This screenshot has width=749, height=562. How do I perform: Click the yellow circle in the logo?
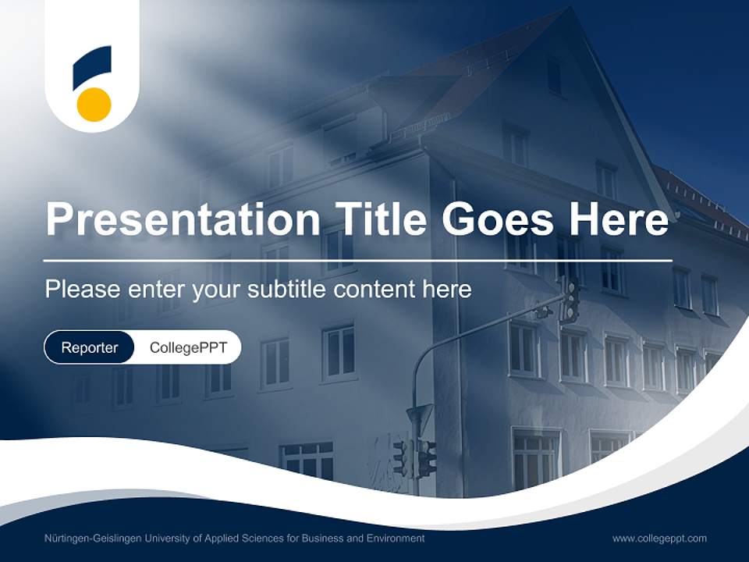94,104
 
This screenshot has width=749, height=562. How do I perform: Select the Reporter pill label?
90,347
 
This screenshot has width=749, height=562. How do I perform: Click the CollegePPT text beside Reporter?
188,347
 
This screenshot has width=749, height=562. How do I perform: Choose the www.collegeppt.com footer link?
659,539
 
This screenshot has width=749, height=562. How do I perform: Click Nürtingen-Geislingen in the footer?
91,539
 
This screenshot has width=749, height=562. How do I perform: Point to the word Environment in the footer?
396,539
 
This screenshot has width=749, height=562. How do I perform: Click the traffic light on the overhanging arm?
571,300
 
